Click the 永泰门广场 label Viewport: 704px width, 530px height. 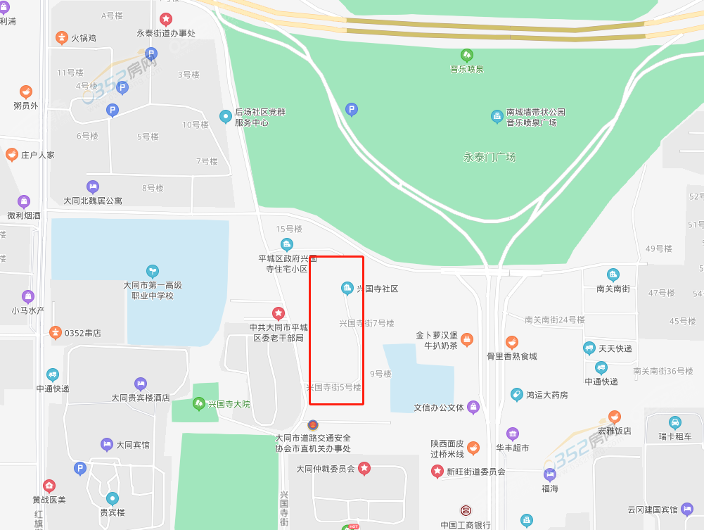pyautogui.click(x=489, y=157)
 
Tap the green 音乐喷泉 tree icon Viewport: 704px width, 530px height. pyautogui.click(x=466, y=55)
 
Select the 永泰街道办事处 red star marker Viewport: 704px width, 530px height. pyautogui.click(x=166, y=19)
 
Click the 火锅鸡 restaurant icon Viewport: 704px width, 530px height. pyautogui.click(x=62, y=37)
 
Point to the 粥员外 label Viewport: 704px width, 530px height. pyautogui.click(x=25, y=106)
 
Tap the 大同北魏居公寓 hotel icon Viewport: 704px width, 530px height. pyautogui.click(x=93, y=187)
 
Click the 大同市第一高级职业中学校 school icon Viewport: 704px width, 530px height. pyautogui.click(x=152, y=271)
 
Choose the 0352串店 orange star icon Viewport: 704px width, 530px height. pyautogui.click(x=55, y=332)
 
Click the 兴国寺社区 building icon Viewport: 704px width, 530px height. pyautogui.click(x=347, y=288)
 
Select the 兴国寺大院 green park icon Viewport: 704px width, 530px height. pyautogui.click(x=198, y=404)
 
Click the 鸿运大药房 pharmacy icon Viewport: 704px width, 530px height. pyautogui.click(x=516, y=395)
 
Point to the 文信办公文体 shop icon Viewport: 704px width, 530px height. pyautogui.click(x=473, y=407)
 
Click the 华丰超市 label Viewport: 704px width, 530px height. pyautogui.click(x=512, y=448)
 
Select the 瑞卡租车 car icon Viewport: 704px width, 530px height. pyautogui.click(x=675, y=423)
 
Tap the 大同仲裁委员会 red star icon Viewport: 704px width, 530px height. pyautogui.click(x=364, y=468)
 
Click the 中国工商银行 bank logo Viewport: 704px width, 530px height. pyautogui.click(x=466, y=510)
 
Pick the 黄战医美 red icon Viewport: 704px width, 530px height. pyautogui.click(x=49, y=486)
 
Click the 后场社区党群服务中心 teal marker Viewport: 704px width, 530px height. pyautogui.click(x=226, y=116)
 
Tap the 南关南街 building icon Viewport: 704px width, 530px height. pyautogui.click(x=613, y=275)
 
